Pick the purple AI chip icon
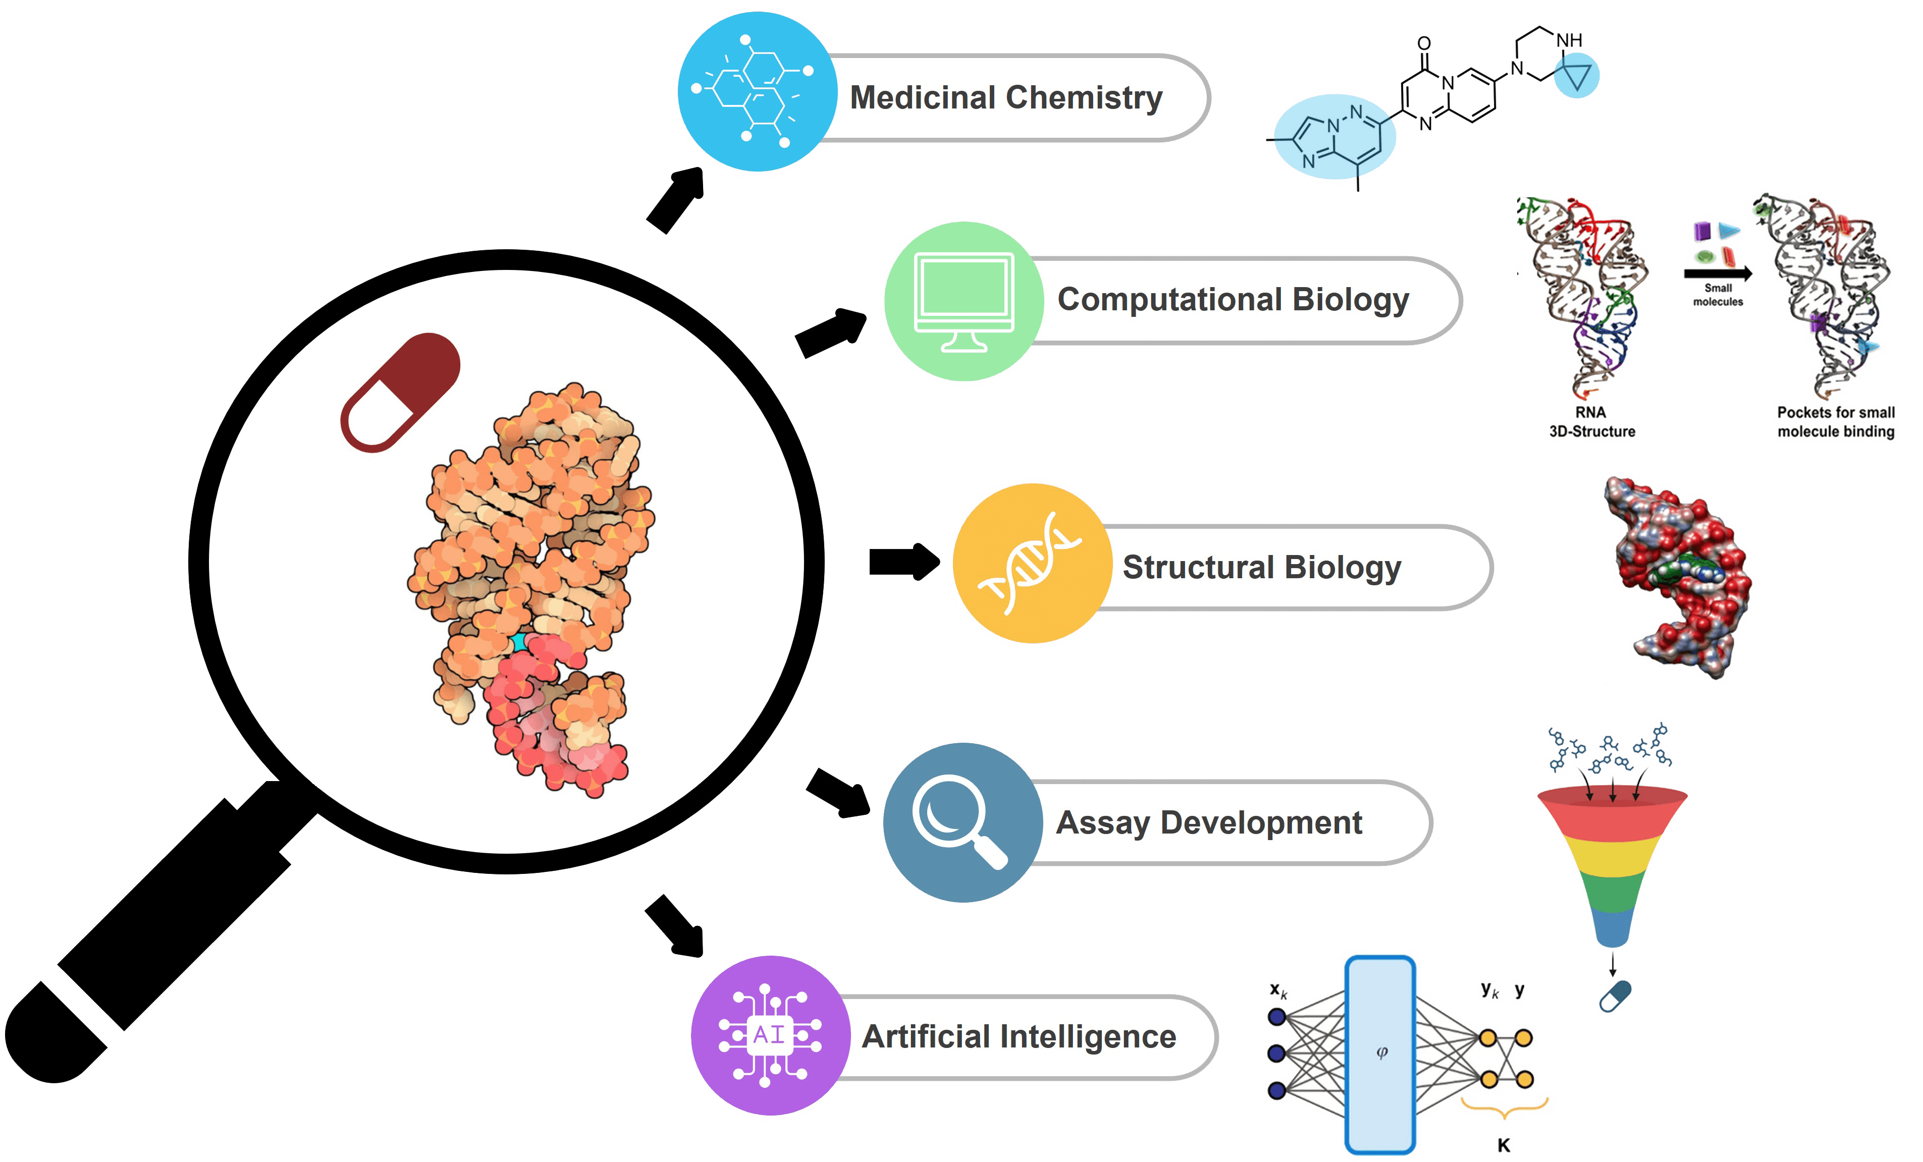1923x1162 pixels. [770, 1035]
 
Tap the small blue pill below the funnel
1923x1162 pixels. [1614, 997]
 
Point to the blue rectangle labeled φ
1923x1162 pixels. [1380, 1054]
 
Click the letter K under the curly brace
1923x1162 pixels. [1503, 1145]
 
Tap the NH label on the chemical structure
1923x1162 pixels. [1569, 40]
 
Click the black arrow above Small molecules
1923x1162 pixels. [1717, 273]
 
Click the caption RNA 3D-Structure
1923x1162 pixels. [1591, 421]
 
